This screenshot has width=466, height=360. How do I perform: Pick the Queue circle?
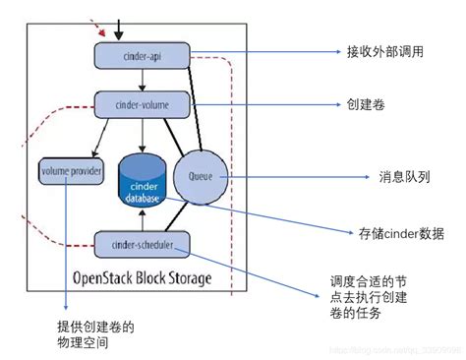click(195, 177)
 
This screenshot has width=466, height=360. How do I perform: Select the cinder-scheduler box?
click(142, 243)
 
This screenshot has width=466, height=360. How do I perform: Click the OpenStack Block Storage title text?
click(142, 278)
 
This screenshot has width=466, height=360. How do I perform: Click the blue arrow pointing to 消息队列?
click(285, 177)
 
